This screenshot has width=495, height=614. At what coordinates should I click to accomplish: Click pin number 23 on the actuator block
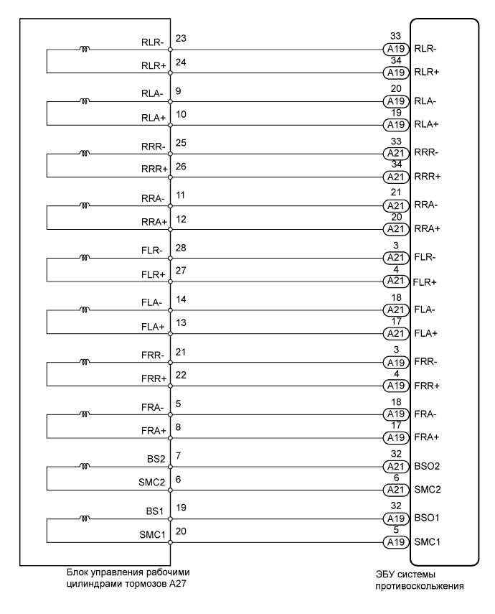coord(181,37)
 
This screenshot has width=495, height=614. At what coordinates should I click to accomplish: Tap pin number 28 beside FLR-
coord(181,246)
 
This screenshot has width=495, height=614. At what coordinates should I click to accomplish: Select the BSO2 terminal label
coord(428,466)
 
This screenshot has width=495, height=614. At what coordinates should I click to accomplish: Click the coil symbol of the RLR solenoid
coord(85,50)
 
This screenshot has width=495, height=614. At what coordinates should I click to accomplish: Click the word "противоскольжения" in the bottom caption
coord(420,586)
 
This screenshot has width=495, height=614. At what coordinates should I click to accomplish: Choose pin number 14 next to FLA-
coord(181,298)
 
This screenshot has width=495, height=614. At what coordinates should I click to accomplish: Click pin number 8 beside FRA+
coord(178,428)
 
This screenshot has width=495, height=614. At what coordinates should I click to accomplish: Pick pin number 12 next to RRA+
coord(181,219)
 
